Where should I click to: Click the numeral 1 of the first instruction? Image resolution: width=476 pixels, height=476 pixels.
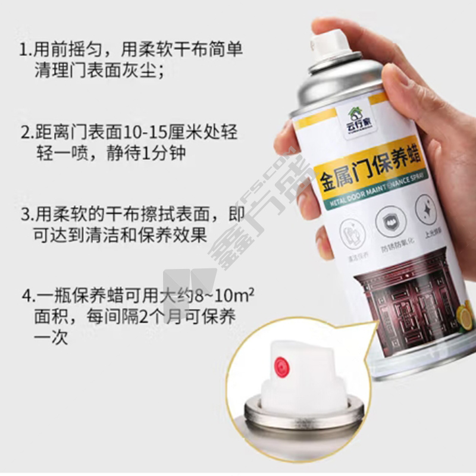click(x=23, y=49)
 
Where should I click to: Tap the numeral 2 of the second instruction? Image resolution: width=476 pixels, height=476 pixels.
click(x=24, y=132)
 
